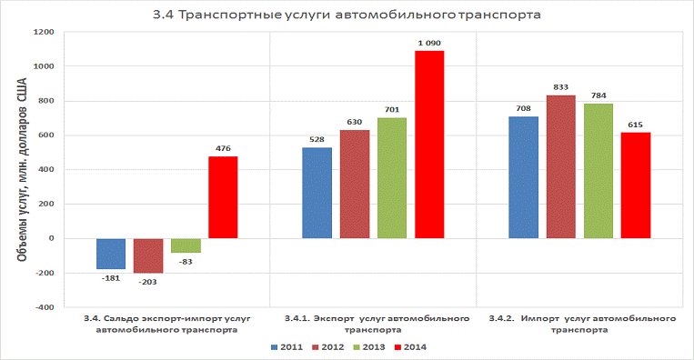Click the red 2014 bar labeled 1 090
tap(429, 145)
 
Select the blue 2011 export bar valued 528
tap(317, 193)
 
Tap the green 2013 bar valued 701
tap(392, 178)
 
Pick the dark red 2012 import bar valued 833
tap(561, 166)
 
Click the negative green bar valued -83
tap(186, 245)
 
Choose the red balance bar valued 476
tap(223, 197)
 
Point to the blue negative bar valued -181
tap(111, 254)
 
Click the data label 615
tap(635, 125)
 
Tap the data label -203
tap(147, 282)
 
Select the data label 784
tap(598, 95)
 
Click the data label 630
tap(355, 122)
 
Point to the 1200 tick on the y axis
tap(44, 32)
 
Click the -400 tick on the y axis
tap(44, 307)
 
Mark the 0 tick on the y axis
tap(51, 238)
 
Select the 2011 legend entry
tap(287, 347)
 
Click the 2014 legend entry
tap(410, 347)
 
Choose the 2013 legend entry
tap(369, 347)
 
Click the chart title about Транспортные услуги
tap(347, 15)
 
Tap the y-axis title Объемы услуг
tap(22, 169)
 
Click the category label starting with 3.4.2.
tap(582, 325)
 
